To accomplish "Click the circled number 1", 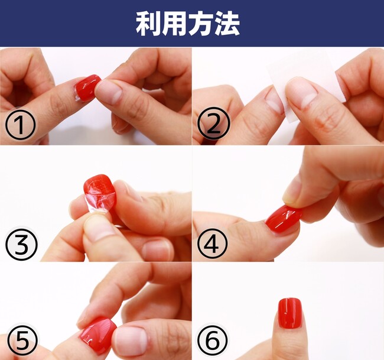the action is point(21,125).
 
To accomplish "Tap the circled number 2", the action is point(213,124).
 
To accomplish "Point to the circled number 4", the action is point(212,244).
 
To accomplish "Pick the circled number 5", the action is point(22,340).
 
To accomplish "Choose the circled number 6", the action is point(212,340).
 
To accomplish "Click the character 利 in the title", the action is point(148,24).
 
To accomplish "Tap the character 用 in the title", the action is point(174,24).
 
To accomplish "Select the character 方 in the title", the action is point(200,24).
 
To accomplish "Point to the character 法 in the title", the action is point(227,24).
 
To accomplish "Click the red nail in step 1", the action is point(87,88).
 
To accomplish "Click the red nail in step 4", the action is point(284,219).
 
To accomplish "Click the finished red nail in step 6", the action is point(289,313).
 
